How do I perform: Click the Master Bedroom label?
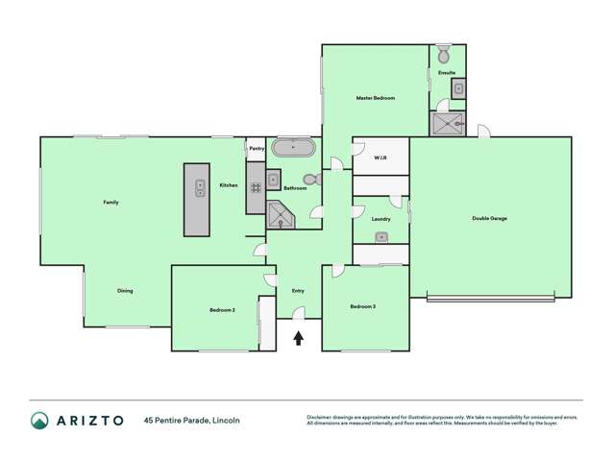click(375, 99)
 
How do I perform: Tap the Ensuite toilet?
click(444, 54)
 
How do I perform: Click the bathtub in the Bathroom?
click(292, 149)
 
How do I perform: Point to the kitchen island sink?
click(201, 187)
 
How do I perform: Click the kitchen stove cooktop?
click(257, 189)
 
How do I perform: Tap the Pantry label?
click(257, 149)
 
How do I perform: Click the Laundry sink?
click(381, 236)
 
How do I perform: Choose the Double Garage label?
click(489, 218)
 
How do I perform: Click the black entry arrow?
click(299, 338)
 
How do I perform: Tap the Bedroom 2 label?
click(222, 309)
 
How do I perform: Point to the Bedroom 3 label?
click(362, 306)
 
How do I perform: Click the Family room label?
click(111, 203)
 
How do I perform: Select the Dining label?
click(125, 290)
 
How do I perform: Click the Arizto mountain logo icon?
click(39, 420)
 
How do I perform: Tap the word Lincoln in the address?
click(226, 420)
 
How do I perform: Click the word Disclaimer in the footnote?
click(320, 417)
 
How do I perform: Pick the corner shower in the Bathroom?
click(281, 215)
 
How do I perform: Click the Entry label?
click(297, 290)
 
